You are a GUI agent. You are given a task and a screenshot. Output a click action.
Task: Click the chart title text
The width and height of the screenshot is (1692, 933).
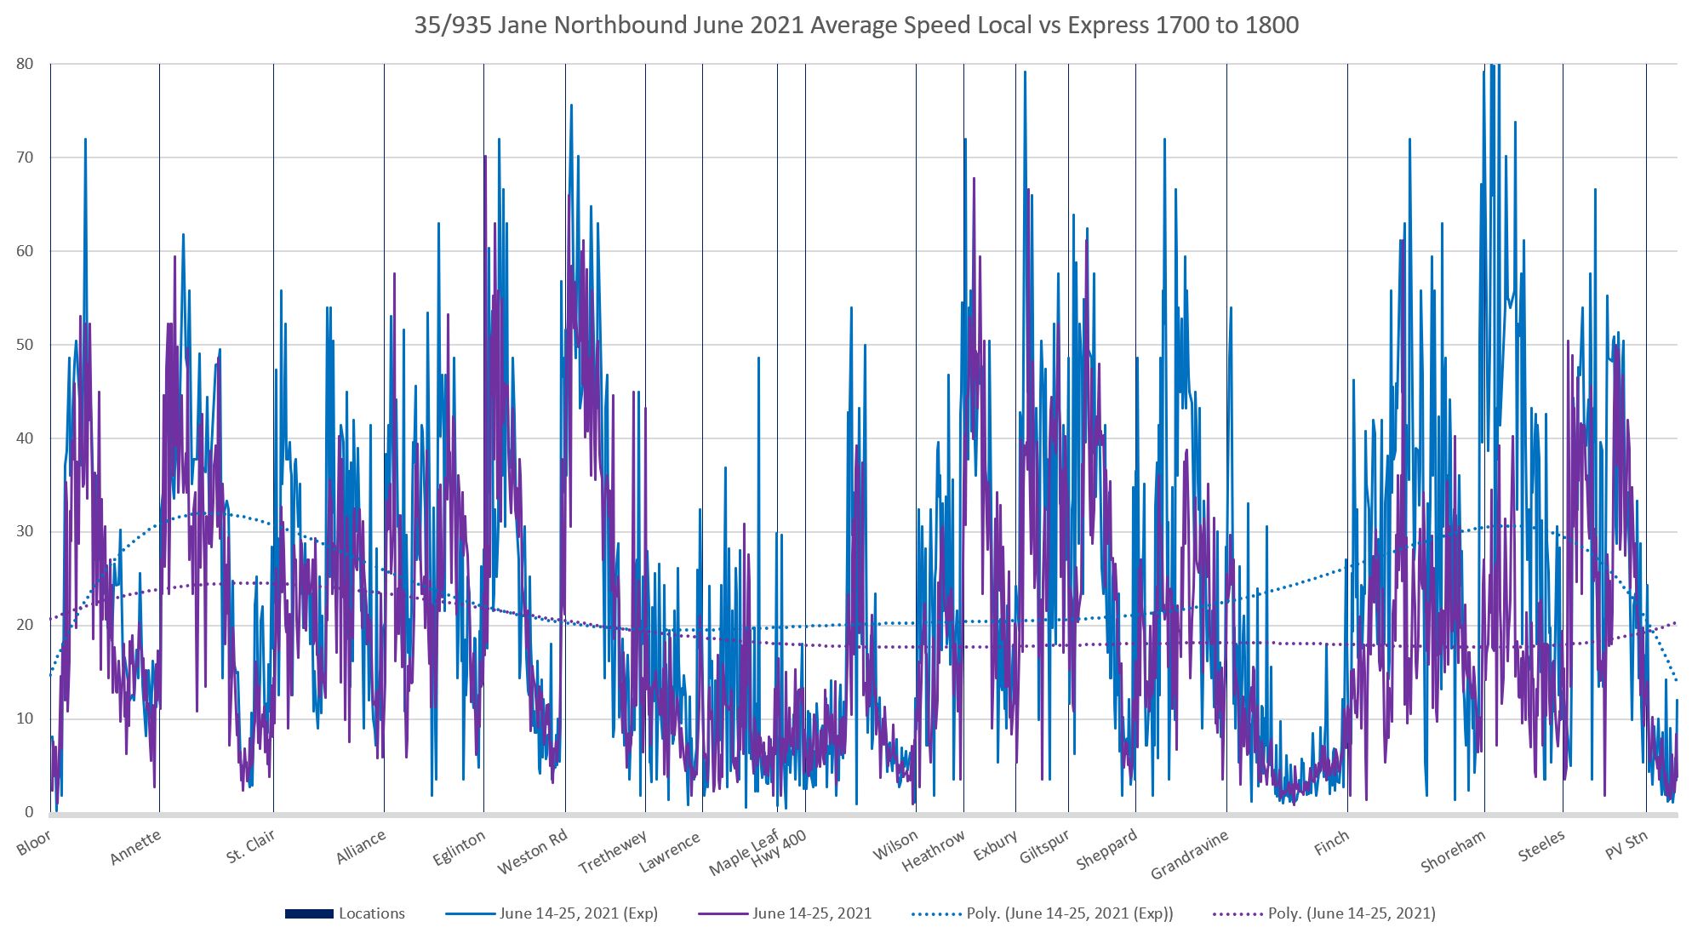tap(856, 26)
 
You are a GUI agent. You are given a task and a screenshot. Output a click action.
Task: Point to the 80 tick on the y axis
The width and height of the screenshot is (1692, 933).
tap(25, 64)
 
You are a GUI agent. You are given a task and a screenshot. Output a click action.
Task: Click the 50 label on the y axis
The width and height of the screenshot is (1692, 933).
tap(25, 345)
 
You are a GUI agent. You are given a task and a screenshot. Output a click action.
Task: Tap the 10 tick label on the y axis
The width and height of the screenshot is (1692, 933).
tap(25, 718)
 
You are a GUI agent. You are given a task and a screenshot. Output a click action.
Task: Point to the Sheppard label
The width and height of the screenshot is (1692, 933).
tap(1106, 850)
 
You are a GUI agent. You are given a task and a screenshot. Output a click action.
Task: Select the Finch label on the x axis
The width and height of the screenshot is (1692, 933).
tap(1331, 843)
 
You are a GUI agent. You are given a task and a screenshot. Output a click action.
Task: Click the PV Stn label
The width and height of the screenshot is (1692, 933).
tap(1626, 845)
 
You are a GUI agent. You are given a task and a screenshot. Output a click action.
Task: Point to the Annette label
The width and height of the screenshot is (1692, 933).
tap(134, 848)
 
